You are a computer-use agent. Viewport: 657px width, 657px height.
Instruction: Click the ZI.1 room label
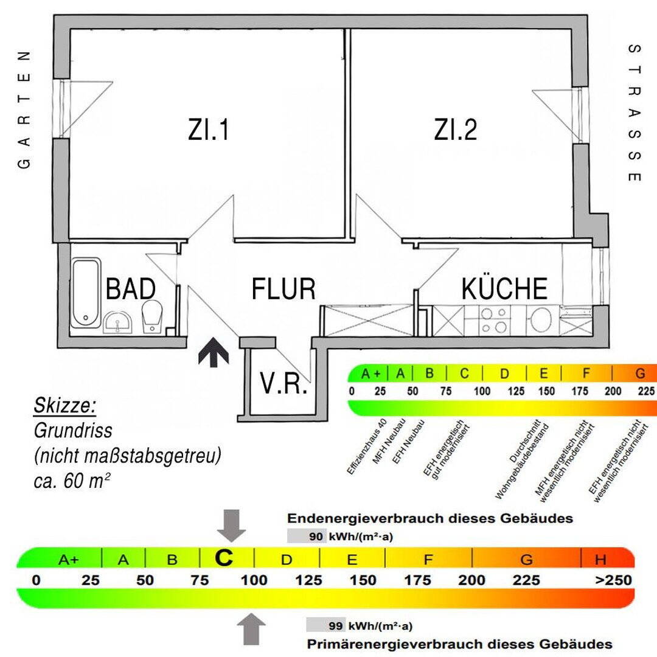pos(209,130)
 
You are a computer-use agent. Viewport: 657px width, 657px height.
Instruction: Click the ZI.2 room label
pos(456,130)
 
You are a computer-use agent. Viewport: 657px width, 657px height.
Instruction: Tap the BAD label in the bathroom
pos(131,290)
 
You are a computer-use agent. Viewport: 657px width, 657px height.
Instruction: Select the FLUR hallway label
pos(283,290)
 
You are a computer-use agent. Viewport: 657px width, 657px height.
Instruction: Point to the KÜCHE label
pos(504,288)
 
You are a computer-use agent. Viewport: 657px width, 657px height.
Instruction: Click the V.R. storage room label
pos(283,384)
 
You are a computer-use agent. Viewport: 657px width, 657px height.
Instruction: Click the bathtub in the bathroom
pos(86,293)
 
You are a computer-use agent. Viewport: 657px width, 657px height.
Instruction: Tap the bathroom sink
pos(118,322)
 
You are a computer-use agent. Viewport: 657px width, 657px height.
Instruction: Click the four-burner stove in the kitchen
pos(494,320)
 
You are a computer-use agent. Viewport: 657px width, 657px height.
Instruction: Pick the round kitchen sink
pos(539,320)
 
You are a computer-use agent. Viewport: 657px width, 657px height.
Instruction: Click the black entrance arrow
pos(214,353)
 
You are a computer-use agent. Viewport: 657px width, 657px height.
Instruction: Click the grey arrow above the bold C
pos(231,525)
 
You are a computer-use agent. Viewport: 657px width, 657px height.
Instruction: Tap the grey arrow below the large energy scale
pos(251,628)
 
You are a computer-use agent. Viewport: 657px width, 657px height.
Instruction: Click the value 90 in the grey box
pos(315,536)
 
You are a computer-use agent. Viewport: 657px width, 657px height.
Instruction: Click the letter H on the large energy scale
pos(601,559)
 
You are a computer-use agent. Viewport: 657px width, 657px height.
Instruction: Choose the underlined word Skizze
pos(66,405)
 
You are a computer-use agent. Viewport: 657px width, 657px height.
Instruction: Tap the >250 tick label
pos(613,580)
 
